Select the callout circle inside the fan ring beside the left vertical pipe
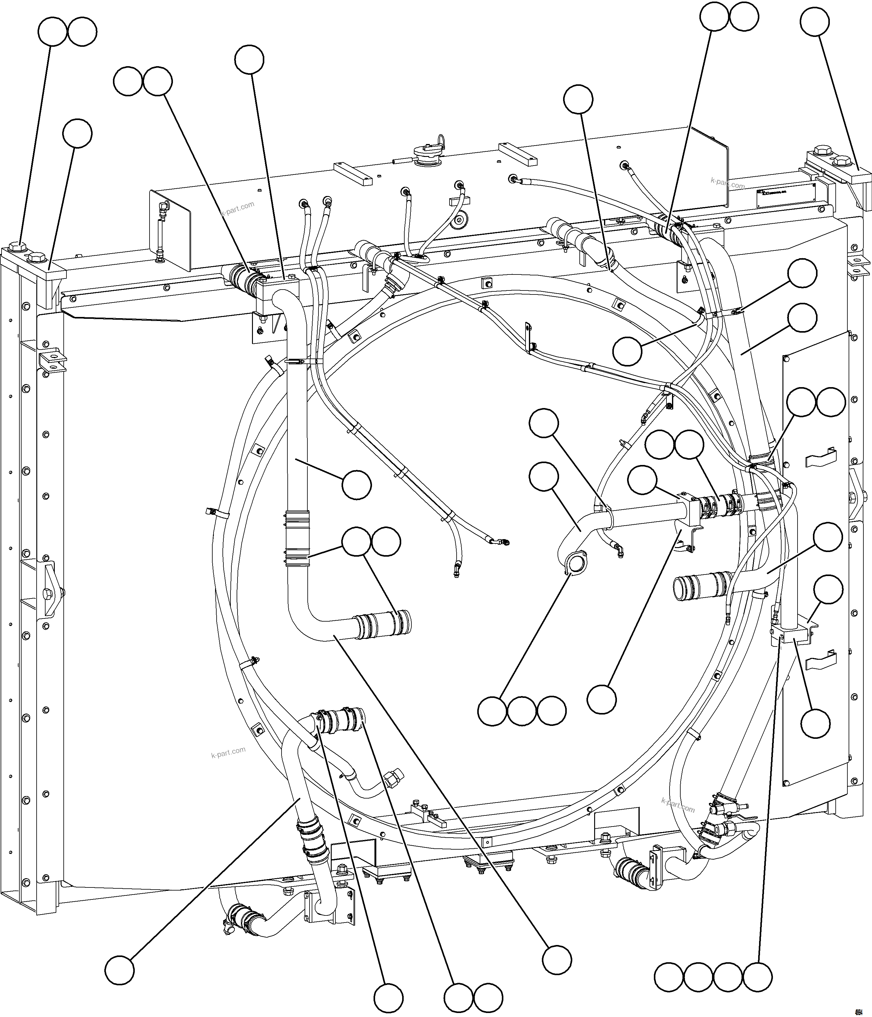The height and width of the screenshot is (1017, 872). click(x=357, y=485)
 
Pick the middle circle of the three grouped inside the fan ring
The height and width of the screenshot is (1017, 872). click(x=522, y=710)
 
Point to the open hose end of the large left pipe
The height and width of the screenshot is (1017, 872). click(x=406, y=620)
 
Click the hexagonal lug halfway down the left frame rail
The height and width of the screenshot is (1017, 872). click(x=48, y=595)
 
